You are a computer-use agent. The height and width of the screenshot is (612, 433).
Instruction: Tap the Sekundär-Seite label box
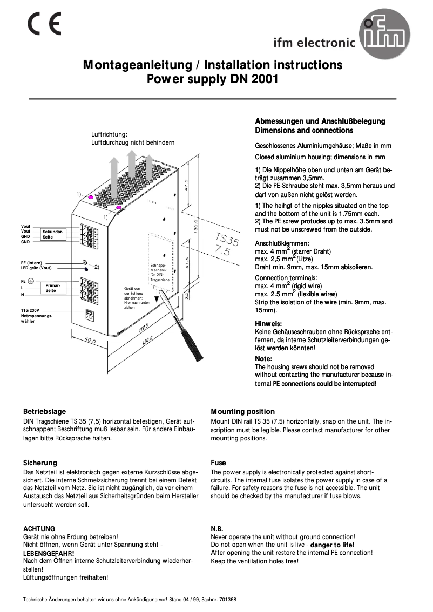(53, 234)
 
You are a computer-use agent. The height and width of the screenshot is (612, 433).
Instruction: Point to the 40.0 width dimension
(90, 341)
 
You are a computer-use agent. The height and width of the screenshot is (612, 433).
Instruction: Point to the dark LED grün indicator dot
(86, 268)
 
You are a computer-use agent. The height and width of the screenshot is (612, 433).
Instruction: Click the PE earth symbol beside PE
(31, 281)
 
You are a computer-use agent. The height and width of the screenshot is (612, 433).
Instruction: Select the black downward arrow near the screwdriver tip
(156, 297)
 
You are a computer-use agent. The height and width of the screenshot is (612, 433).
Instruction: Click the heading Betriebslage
(44, 411)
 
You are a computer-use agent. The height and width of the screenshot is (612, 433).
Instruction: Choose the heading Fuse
(218, 463)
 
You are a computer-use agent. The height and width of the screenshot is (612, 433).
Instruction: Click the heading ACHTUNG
(39, 528)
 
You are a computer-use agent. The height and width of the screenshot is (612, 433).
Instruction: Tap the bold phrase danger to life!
(333, 545)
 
